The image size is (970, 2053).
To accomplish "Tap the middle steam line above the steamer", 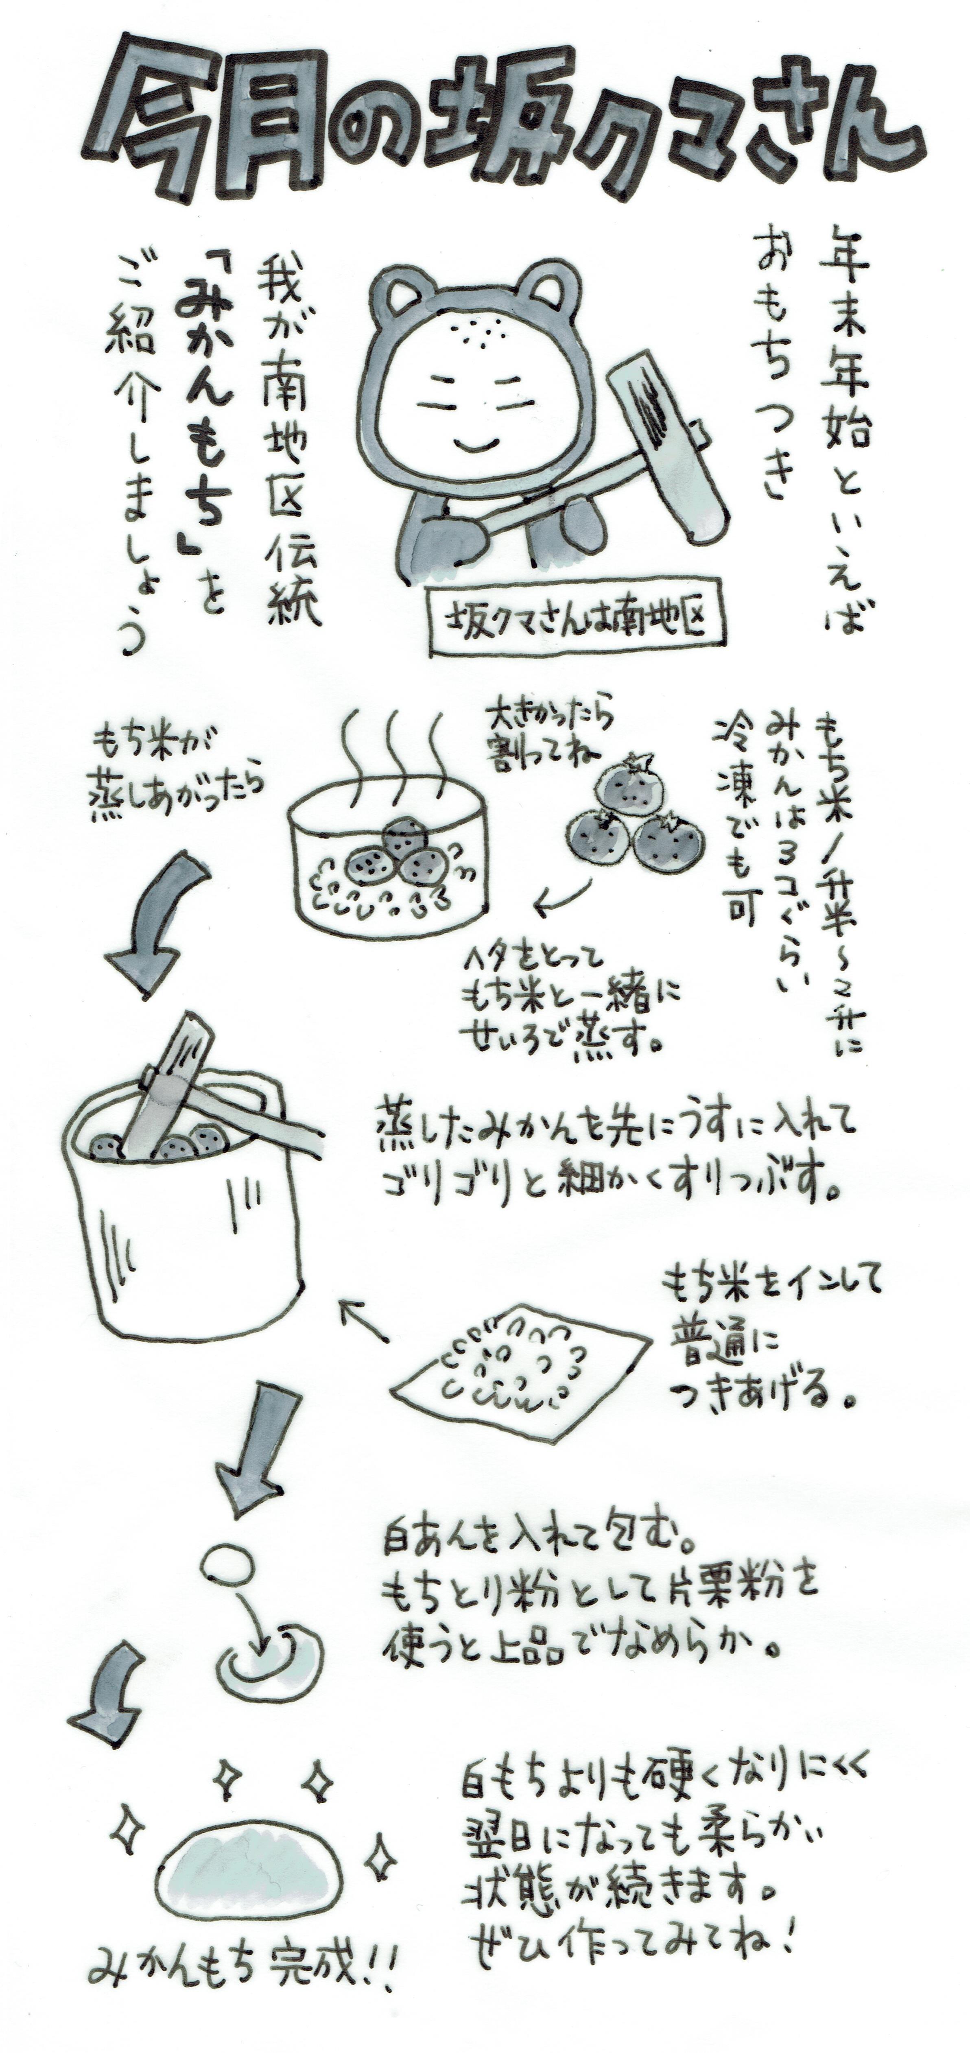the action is tap(395, 749).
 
